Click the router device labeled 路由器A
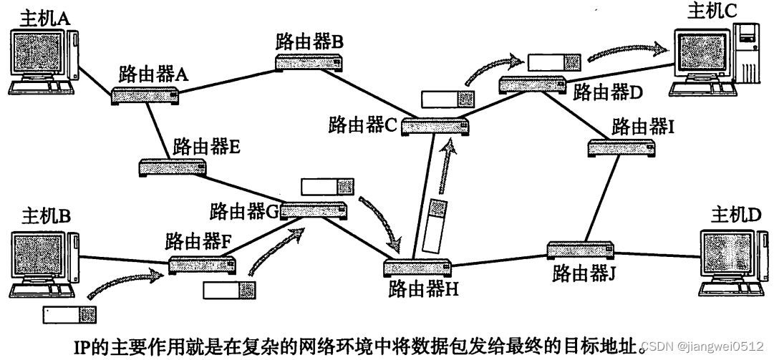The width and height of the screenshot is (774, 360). [x=145, y=96]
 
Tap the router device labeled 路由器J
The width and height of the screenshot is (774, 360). [x=581, y=250]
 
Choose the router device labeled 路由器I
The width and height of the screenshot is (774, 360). [x=621, y=147]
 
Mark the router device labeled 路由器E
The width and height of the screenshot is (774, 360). [x=173, y=168]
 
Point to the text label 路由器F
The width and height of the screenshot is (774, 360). [x=198, y=240]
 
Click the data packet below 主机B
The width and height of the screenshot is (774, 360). [x=69, y=313]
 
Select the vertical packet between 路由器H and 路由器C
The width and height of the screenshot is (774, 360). [x=435, y=226]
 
